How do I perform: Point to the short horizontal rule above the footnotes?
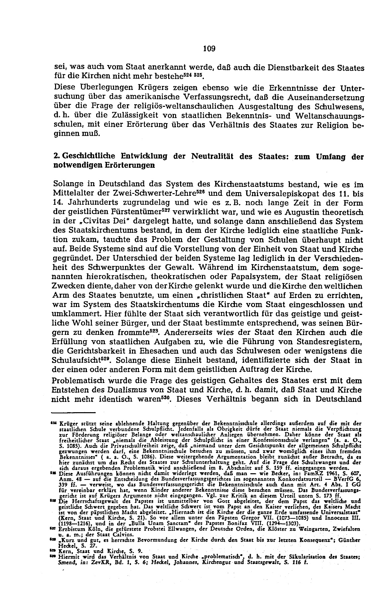(73, 413)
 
